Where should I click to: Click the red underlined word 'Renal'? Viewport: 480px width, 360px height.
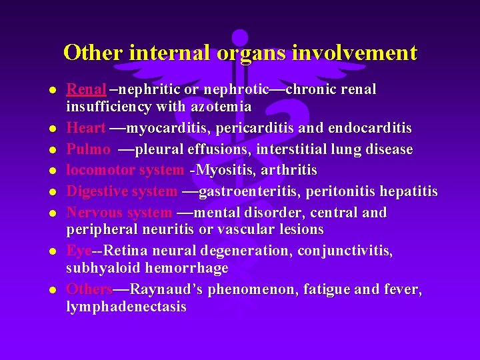[x=86, y=89]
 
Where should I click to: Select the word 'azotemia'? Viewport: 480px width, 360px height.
[x=221, y=106]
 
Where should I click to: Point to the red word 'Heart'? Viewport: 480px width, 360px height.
[x=85, y=127]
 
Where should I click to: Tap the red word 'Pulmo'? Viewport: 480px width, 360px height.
[x=88, y=149]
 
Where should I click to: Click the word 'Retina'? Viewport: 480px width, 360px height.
[x=126, y=251]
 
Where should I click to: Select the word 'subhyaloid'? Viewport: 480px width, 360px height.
[x=101, y=267]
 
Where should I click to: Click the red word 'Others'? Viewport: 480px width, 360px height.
[x=89, y=289]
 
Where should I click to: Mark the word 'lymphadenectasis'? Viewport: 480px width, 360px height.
[x=126, y=307]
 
